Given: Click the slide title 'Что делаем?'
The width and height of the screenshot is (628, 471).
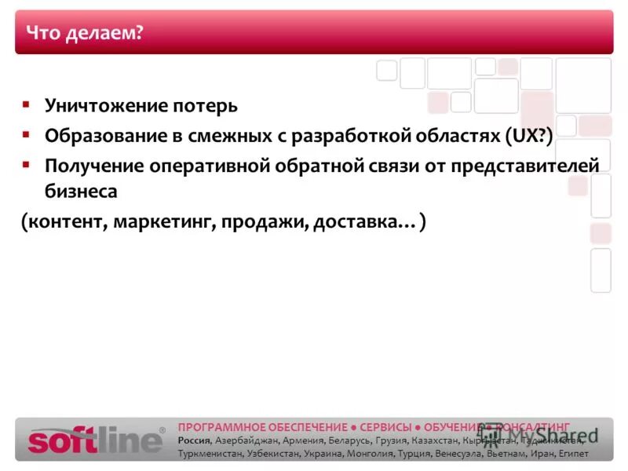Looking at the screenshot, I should coord(86,33).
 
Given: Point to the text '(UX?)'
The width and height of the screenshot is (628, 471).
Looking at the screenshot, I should coord(529,135).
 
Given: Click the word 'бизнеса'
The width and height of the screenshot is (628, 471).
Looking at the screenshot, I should coord(81,191).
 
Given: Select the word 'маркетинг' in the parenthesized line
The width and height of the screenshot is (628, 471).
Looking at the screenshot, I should coord(164,222).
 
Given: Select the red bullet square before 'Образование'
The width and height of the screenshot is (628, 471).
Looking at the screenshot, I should coord(26,134).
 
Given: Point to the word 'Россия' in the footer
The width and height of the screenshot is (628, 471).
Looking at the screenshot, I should coord(194,440).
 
